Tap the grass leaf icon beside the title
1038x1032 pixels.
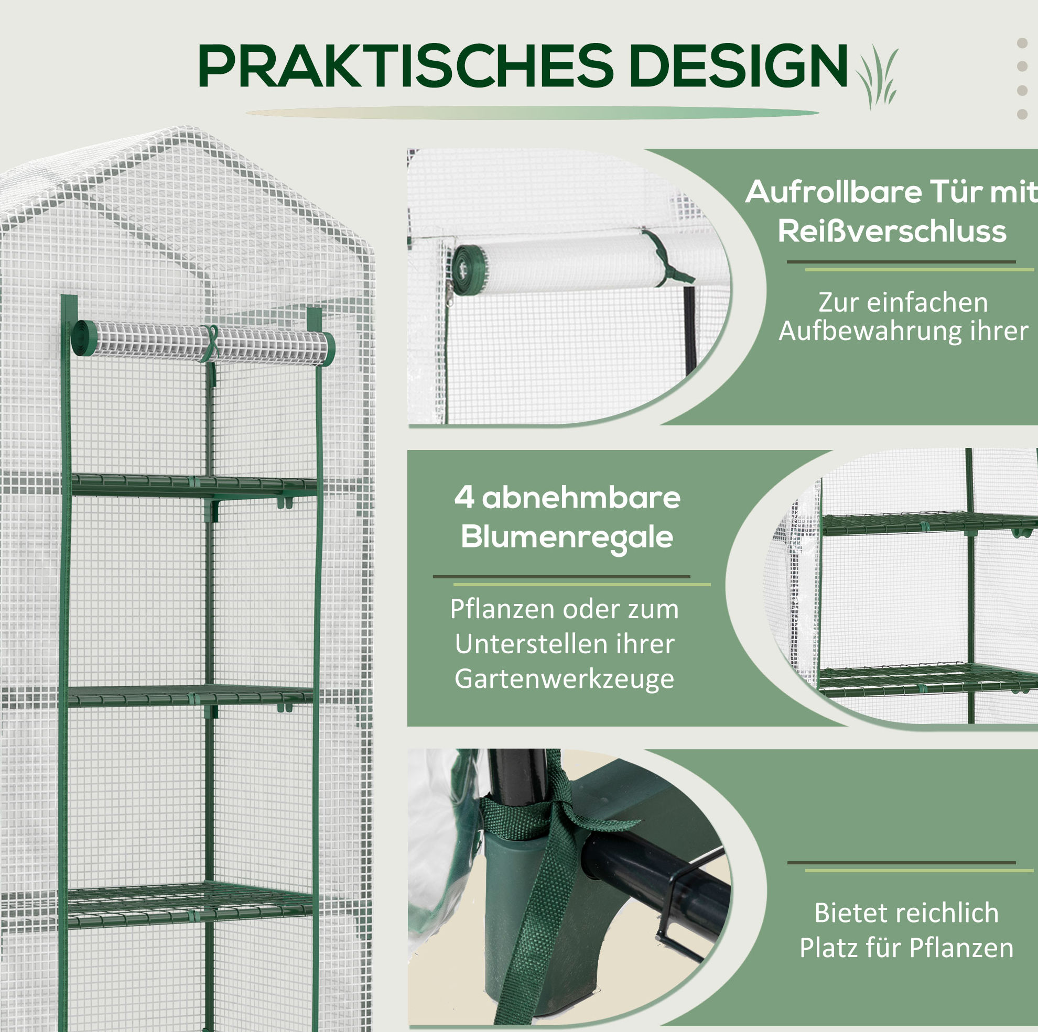[x=878, y=78]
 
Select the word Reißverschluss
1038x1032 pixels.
[x=892, y=232]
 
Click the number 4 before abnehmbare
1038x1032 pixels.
[x=463, y=497]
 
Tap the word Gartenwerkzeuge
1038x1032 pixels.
[x=564, y=679]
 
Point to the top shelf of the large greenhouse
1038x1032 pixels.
[x=193, y=487]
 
